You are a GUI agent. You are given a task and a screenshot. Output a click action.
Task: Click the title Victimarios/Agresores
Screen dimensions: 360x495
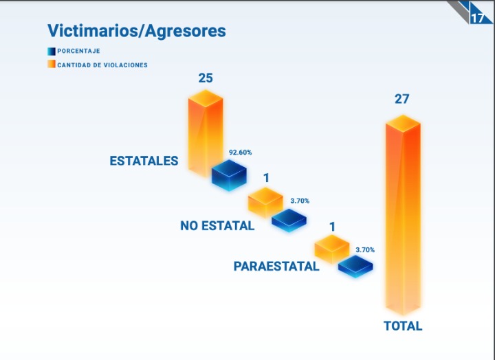click(x=136, y=31)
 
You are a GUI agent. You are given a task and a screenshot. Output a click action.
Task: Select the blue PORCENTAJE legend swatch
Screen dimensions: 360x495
click(x=51, y=51)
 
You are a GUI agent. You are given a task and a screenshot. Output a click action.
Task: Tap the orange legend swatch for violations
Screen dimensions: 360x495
click(x=51, y=65)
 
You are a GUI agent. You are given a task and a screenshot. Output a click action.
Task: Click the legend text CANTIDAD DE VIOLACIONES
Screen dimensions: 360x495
click(x=102, y=65)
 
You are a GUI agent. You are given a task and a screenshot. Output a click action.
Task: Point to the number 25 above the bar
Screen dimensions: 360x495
click(x=206, y=78)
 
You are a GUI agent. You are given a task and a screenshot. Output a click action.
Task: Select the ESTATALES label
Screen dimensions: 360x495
click(x=144, y=161)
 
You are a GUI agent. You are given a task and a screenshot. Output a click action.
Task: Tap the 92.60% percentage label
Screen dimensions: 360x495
click(x=240, y=152)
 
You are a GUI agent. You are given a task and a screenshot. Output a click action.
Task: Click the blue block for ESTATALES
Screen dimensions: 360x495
click(x=229, y=175)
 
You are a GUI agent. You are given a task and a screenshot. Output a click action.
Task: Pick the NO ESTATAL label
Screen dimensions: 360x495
click(x=217, y=225)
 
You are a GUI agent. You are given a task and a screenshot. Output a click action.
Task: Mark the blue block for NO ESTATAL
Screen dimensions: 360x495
click(x=289, y=220)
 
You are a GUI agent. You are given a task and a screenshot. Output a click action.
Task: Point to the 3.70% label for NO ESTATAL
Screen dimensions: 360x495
click(x=300, y=201)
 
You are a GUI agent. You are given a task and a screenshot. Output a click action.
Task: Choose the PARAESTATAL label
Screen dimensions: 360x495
click(x=276, y=267)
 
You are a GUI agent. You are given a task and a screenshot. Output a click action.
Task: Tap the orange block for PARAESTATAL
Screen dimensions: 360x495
click(x=332, y=249)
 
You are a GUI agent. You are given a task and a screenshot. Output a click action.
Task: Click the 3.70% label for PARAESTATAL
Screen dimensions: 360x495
click(x=365, y=249)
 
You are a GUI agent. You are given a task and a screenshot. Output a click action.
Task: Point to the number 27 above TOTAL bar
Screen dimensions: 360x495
click(x=401, y=99)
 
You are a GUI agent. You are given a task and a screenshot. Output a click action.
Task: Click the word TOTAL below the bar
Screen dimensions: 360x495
click(x=403, y=326)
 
